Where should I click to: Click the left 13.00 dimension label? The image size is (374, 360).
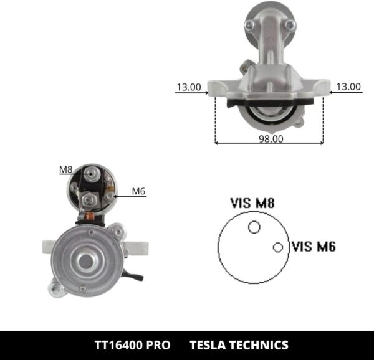188,87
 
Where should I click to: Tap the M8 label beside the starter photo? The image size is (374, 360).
66,169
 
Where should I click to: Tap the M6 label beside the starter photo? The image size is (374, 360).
138,191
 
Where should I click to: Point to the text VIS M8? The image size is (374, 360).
252,203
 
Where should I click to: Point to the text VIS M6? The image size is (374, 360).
314,247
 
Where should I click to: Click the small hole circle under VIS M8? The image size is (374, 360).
254,227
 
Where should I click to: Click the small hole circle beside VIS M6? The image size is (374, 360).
278,247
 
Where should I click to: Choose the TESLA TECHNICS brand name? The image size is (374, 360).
239,345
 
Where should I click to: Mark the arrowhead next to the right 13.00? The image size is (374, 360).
328,92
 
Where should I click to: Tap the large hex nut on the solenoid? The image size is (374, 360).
89,200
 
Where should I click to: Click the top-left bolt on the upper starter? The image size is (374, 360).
249,26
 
